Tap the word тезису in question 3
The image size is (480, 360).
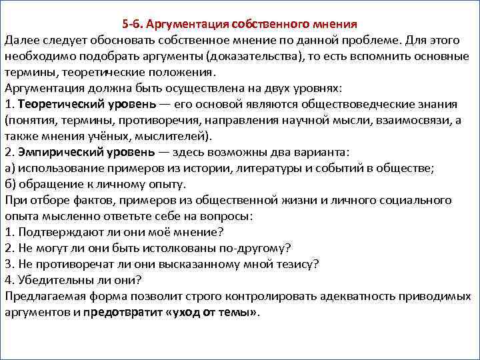tap(299, 264)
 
